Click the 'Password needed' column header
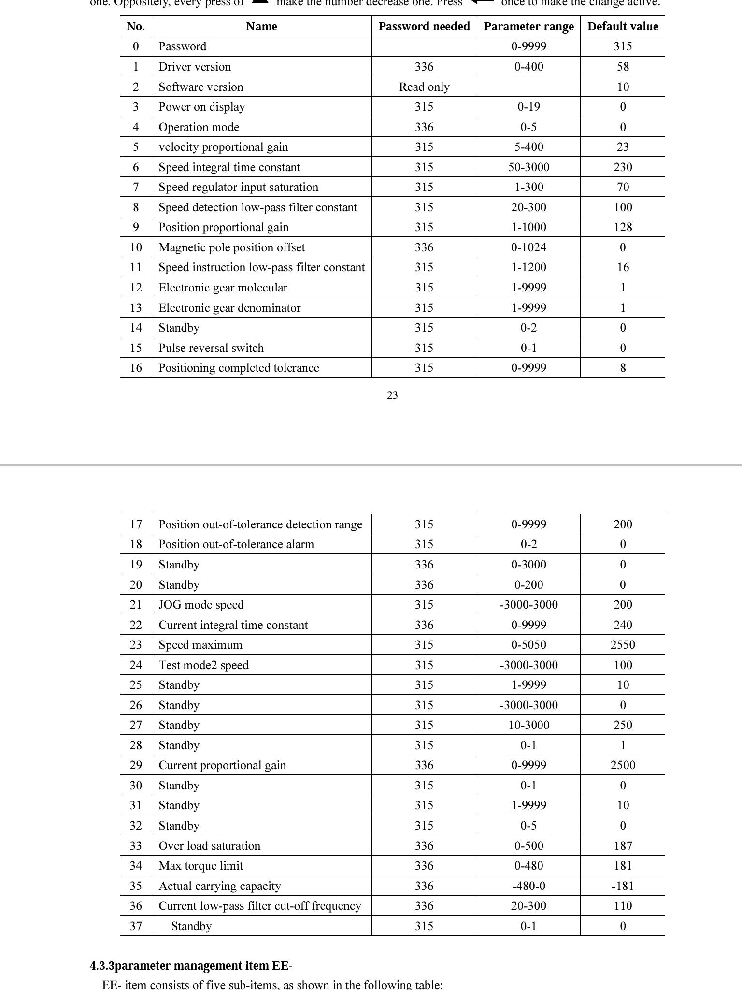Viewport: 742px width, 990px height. (424, 27)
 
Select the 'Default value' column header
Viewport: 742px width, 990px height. (622, 27)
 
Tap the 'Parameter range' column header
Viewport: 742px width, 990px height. (528, 27)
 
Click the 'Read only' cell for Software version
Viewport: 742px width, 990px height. (424, 87)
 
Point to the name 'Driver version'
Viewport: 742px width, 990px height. (195, 67)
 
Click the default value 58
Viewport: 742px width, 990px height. (622, 67)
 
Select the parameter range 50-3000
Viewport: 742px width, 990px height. (528, 167)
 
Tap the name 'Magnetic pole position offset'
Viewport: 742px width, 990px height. (232, 247)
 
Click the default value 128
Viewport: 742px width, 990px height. (622, 227)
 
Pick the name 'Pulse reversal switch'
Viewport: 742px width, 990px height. (211, 348)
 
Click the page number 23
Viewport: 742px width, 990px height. (392, 395)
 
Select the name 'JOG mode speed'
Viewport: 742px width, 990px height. (201, 605)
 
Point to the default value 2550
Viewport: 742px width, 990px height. (622, 645)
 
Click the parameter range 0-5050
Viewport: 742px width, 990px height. (528, 645)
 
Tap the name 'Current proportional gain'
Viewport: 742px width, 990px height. (222, 765)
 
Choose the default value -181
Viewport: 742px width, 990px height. (622, 886)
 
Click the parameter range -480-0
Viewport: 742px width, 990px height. (528, 886)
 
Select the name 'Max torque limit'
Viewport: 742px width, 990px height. (200, 866)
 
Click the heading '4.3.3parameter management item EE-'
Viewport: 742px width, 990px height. (191, 966)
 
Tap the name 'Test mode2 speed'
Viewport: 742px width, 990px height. (203, 665)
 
